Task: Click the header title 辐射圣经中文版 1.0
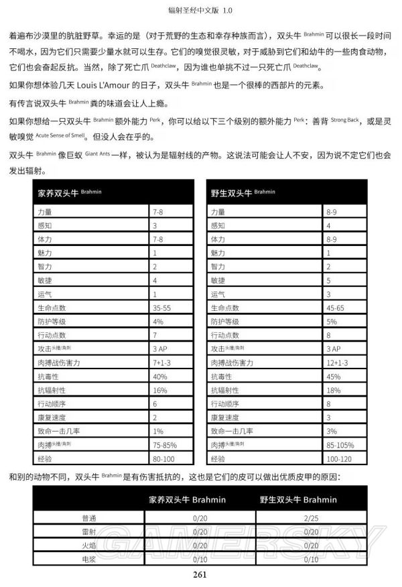(x=201, y=11)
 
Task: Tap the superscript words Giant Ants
(x=97, y=153)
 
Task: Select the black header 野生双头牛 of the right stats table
(x=232, y=193)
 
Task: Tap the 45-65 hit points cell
(x=336, y=308)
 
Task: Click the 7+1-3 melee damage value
(x=163, y=363)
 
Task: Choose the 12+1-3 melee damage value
(x=338, y=363)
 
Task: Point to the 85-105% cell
(x=340, y=445)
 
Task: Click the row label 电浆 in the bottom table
(x=89, y=559)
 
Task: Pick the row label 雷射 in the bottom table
(x=89, y=531)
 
